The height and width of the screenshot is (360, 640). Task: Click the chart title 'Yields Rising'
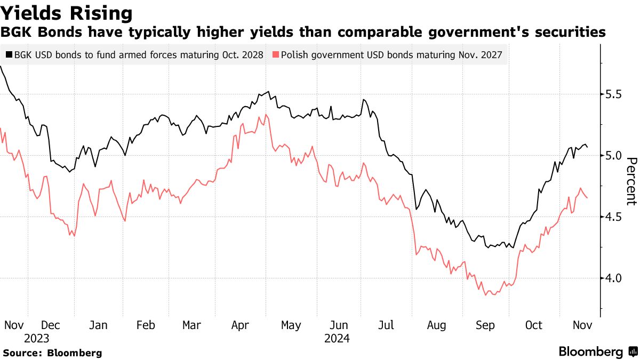tap(67, 13)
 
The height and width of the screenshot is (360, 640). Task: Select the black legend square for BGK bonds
tap(9, 54)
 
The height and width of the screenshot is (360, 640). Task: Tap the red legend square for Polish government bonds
tap(275, 54)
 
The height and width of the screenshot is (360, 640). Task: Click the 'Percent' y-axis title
tap(631, 181)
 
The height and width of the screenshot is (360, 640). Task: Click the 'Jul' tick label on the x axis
tap(386, 325)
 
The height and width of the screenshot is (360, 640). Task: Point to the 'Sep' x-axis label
tap(485, 325)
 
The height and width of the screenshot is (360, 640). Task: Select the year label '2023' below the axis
tap(36, 339)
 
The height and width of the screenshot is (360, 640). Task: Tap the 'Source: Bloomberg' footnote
tap(52, 353)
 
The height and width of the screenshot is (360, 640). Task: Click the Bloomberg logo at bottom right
tap(596, 352)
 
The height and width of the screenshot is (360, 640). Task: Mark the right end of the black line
tap(588, 147)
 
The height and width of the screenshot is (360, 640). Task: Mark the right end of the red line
tap(588, 198)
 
